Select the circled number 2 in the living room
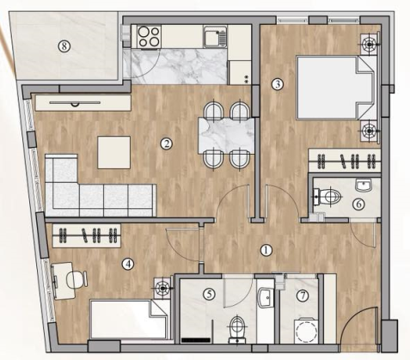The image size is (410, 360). coord(167,144)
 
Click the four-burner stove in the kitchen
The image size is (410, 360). coord(147,37)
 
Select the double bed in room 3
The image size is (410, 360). coord(334,87)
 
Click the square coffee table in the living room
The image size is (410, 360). coord(114,153)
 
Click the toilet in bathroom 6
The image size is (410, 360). coord(330,198)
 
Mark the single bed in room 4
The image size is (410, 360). coord(129,320)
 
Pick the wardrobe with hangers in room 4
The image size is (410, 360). coord(86,232)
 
